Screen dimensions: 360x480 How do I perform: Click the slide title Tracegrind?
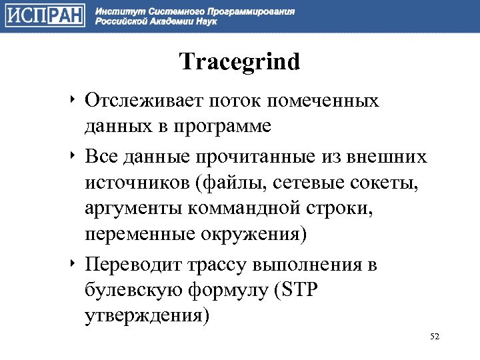coord(240,62)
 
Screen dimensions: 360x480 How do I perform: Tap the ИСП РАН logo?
coord(45,15)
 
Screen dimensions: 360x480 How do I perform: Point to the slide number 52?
coord(435,336)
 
